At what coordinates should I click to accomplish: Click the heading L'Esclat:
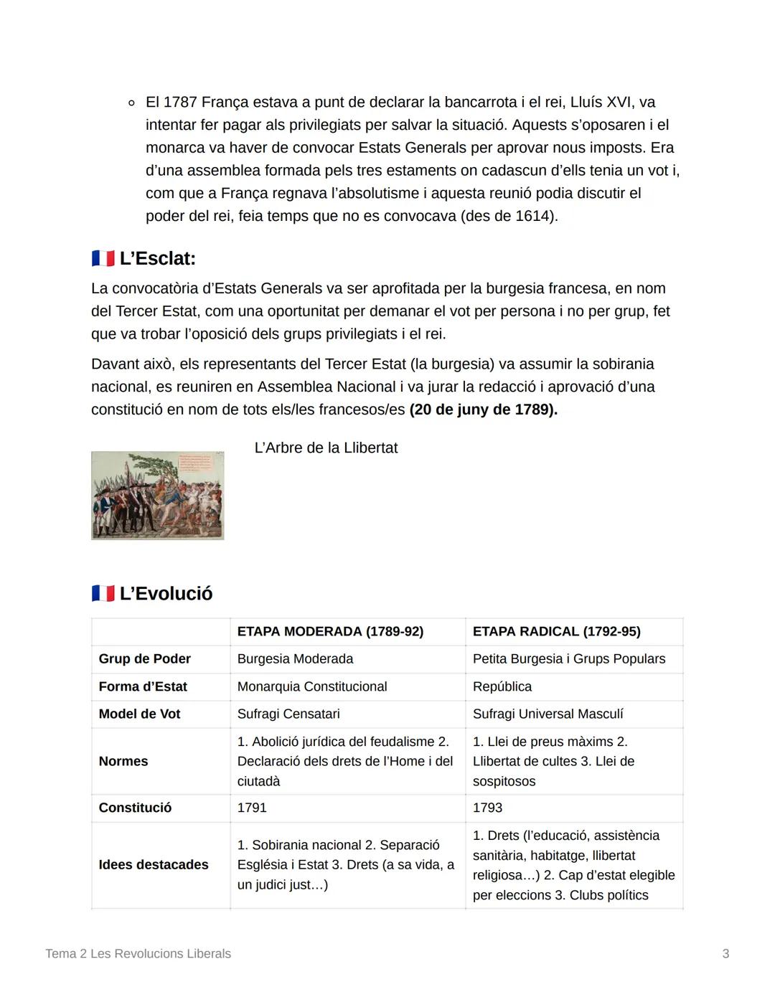(x=157, y=259)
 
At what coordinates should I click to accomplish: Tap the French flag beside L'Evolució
(x=103, y=594)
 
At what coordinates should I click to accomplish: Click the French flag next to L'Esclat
(x=103, y=259)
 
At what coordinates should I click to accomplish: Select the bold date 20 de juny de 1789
(x=483, y=410)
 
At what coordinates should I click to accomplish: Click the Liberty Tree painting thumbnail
(x=157, y=496)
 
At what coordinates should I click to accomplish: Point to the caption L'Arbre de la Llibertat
(x=326, y=448)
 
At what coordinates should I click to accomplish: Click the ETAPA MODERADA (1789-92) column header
(x=330, y=632)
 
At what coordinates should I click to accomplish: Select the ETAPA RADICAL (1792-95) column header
(x=556, y=632)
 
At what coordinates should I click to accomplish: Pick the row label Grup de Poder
(x=144, y=659)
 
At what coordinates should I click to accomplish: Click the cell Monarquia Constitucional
(x=311, y=687)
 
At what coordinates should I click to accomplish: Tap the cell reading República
(x=502, y=687)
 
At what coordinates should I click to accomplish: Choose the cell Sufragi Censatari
(x=288, y=714)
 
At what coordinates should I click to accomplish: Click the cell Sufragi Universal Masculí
(x=548, y=714)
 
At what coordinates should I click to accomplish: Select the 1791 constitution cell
(x=252, y=808)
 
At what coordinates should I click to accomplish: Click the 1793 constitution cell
(x=487, y=808)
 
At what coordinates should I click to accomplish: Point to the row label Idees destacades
(x=154, y=865)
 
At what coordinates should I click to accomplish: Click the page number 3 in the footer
(x=725, y=954)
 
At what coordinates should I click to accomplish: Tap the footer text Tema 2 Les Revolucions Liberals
(x=138, y=954)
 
